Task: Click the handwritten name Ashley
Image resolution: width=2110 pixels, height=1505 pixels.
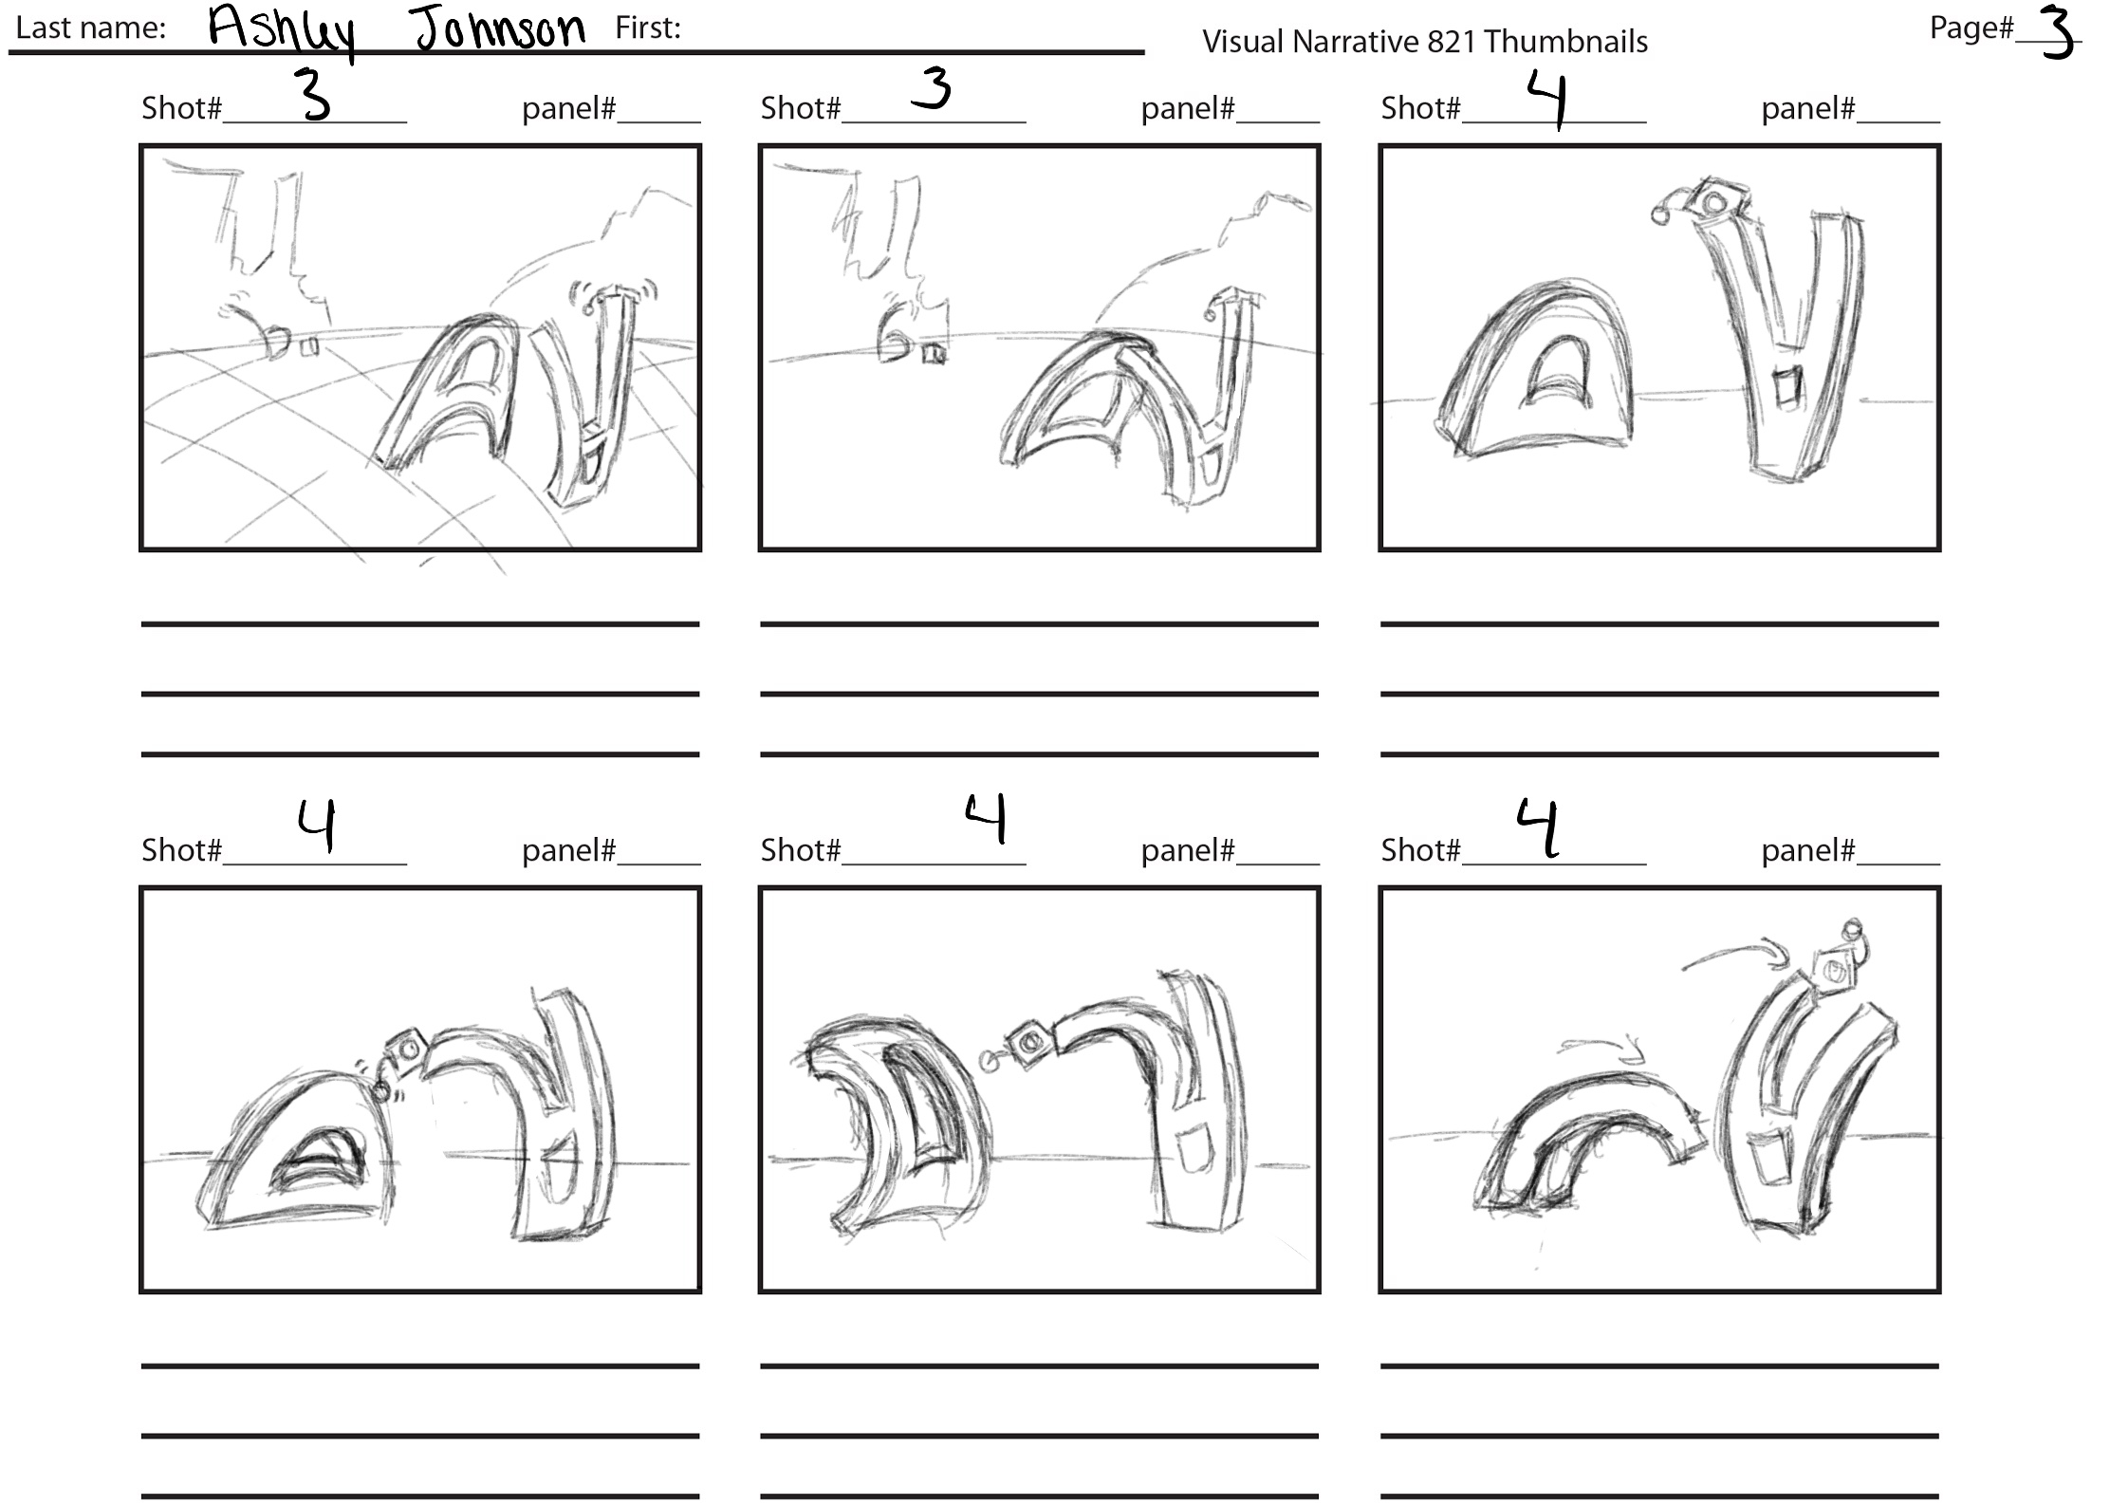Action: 282,31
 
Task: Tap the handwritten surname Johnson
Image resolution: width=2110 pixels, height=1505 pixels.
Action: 500,28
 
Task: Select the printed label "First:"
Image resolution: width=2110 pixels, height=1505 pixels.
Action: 648,28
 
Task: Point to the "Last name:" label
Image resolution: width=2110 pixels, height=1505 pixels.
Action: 91,28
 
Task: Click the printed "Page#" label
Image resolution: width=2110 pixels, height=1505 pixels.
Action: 1971,28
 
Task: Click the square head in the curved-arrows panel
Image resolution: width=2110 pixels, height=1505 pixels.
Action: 1832,971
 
